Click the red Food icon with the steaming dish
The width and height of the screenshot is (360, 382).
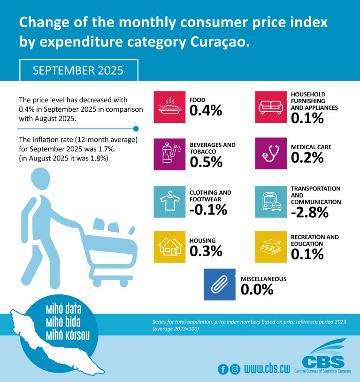click(170, 107)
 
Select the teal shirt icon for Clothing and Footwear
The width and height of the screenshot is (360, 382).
click(170, 201)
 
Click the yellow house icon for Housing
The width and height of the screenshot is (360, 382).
click(170, 246)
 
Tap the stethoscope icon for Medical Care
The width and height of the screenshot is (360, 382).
click(271, 153)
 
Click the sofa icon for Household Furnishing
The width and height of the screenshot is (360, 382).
click(271, 107)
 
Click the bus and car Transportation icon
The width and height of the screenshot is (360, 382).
click(271, 201)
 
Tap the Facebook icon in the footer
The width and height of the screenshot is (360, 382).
click(223, 369)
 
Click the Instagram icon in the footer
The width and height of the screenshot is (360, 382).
click(235, 369)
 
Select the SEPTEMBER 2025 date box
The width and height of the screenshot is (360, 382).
click(78, 70)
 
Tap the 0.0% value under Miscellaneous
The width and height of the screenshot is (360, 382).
click(257, 290)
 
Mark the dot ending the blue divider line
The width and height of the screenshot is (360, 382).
click(136, 128)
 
